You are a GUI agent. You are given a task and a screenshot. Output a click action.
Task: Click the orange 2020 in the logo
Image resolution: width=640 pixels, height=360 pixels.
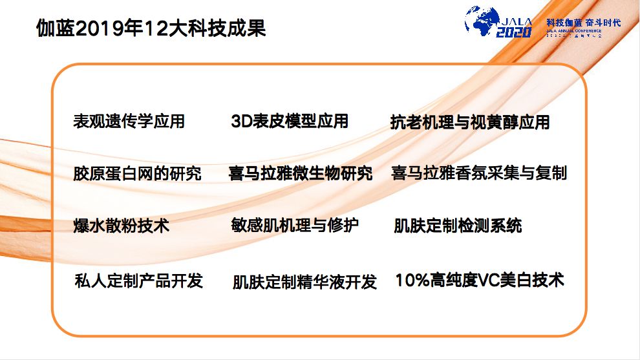point(514,32)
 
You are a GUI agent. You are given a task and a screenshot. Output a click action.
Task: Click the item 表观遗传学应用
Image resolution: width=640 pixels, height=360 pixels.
point(129,121)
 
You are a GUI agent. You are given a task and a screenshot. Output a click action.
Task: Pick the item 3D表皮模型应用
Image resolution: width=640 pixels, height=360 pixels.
point(290,121)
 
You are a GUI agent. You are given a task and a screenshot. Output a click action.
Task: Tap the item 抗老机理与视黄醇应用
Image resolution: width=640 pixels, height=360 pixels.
point(470,122)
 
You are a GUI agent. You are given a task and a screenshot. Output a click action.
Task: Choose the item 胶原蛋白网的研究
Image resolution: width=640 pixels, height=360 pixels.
point(137,173)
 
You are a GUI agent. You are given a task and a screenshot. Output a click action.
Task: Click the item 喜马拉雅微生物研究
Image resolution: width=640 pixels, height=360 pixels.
point(301,173)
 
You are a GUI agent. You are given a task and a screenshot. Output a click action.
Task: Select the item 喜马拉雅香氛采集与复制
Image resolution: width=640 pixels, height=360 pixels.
point(479,173)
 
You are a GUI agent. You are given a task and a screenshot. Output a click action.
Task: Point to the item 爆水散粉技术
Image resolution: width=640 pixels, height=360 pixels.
point(122,226)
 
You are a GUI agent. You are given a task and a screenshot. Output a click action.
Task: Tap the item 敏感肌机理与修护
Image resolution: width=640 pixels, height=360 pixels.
point(295,226)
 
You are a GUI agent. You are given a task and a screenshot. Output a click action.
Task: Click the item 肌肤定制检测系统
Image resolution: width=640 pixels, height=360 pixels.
point(458,226)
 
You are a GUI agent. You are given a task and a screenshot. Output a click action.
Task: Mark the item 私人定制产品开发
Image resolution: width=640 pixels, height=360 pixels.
point(139,281)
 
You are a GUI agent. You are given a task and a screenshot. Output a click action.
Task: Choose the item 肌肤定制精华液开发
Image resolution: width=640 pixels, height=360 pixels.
point(304,282)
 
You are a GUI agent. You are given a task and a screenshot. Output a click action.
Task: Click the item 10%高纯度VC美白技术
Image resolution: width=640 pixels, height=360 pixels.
point(480,281)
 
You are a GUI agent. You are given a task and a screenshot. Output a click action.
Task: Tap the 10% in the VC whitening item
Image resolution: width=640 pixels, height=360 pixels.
point(411,281)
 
